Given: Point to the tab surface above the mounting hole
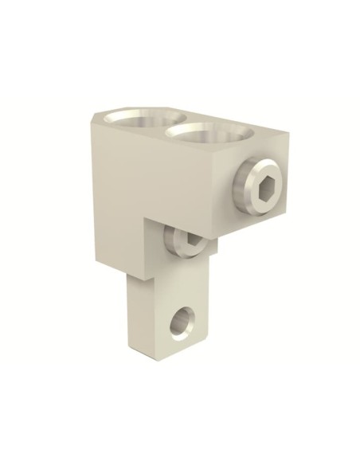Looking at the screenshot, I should click(x=171, y=295).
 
